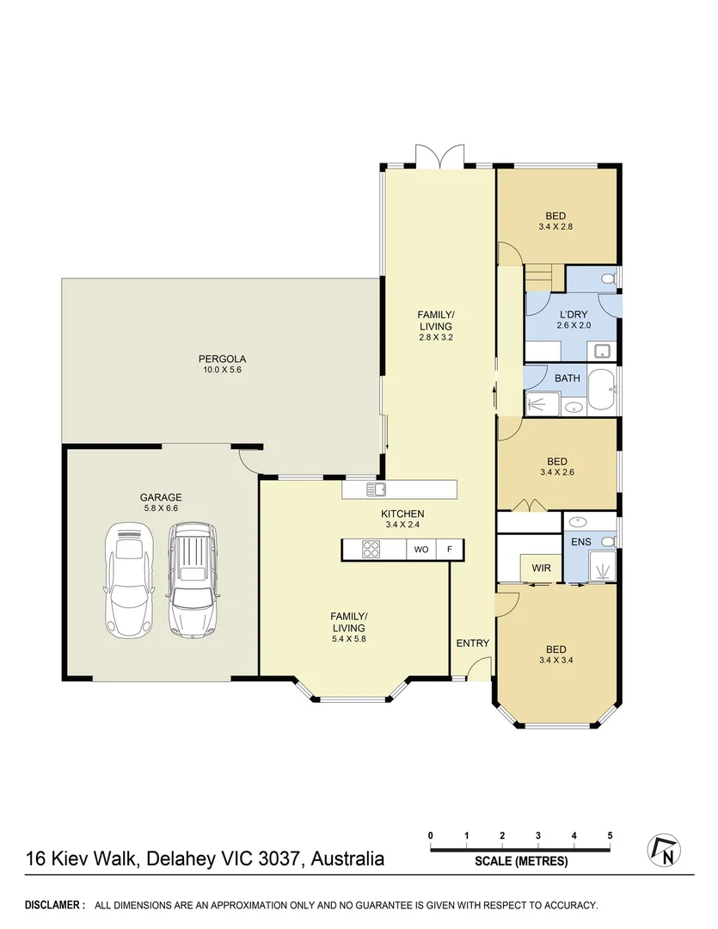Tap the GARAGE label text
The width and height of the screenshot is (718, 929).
161,497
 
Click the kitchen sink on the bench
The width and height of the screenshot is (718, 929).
376,489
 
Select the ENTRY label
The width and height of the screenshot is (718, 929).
472,643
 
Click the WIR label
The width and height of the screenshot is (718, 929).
541,568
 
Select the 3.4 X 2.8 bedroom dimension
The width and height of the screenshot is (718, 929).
556,227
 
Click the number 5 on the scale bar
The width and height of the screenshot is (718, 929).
610,835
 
